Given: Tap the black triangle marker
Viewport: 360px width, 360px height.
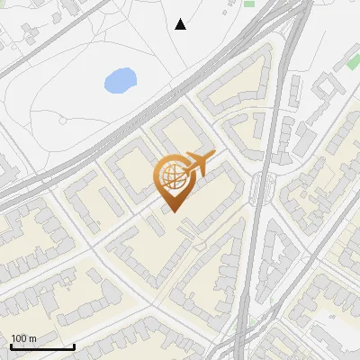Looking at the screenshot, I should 181,24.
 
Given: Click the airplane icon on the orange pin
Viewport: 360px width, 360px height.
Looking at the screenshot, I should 198,164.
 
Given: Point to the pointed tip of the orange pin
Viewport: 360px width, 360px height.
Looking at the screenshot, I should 174,212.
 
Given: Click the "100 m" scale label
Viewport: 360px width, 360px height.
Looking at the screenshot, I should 23,338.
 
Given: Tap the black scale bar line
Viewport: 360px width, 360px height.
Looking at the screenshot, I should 42,346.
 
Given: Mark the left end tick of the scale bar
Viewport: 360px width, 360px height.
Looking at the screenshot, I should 12,345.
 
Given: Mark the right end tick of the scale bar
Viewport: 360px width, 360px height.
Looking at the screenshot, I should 74,345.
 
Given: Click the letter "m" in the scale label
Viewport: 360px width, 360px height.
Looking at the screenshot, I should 32,338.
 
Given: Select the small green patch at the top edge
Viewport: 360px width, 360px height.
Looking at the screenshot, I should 248,3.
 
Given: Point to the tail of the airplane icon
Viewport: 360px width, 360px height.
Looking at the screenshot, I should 185,161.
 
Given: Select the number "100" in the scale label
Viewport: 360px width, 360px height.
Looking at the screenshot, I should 19,338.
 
